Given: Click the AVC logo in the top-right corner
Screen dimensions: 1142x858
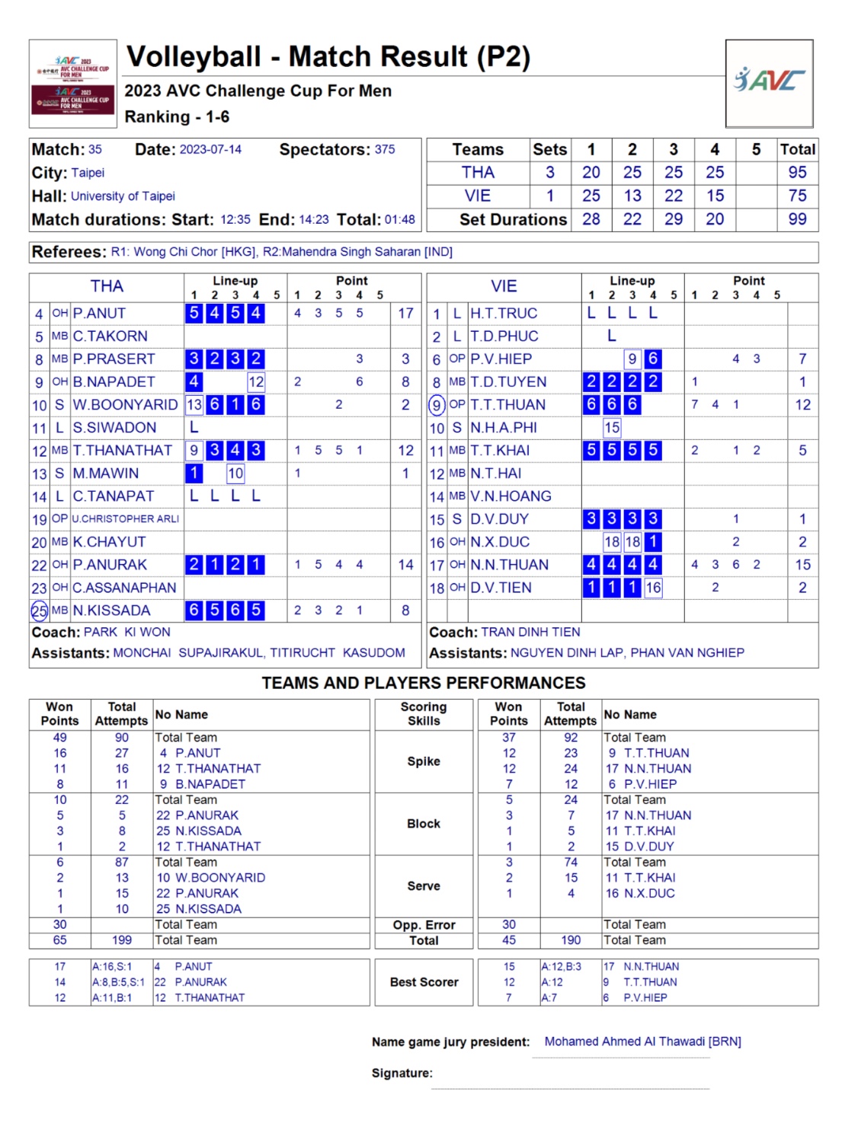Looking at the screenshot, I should (769, 81).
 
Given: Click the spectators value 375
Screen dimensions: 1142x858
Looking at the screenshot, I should (385, 150).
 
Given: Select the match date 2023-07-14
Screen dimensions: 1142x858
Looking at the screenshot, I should (210, 150).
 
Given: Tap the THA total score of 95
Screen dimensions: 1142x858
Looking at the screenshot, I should (797, 173).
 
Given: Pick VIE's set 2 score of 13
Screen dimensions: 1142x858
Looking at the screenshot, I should (632, 196).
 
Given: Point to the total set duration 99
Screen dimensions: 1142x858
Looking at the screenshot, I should (797, 219).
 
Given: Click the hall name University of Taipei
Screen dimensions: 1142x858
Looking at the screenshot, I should (123, 196).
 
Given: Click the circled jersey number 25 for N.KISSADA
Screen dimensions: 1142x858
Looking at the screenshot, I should (39, 611).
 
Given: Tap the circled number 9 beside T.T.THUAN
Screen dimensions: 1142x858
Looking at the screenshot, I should (437, 405).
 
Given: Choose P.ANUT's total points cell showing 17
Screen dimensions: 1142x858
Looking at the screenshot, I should (405, 313).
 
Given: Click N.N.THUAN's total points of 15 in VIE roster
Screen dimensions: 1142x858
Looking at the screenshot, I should (802, 565).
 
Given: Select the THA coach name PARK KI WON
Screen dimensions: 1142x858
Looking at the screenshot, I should (127, 633).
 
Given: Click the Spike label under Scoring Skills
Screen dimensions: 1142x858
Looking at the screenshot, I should (424, 761).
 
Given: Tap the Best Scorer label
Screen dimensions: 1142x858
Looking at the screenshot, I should (424, 982).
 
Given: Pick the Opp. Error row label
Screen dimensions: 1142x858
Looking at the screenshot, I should (424, 925).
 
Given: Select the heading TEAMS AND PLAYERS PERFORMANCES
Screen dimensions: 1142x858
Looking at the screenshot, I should (424, 683).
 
